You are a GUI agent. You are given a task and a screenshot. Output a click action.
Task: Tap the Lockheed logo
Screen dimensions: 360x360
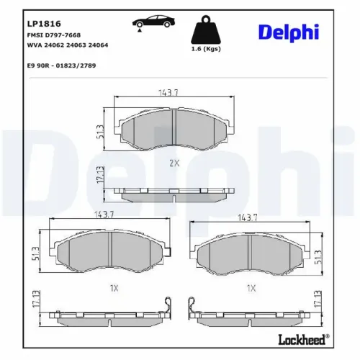point(302,337)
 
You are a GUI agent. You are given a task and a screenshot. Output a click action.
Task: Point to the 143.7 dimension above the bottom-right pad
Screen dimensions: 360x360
point(248,217)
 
